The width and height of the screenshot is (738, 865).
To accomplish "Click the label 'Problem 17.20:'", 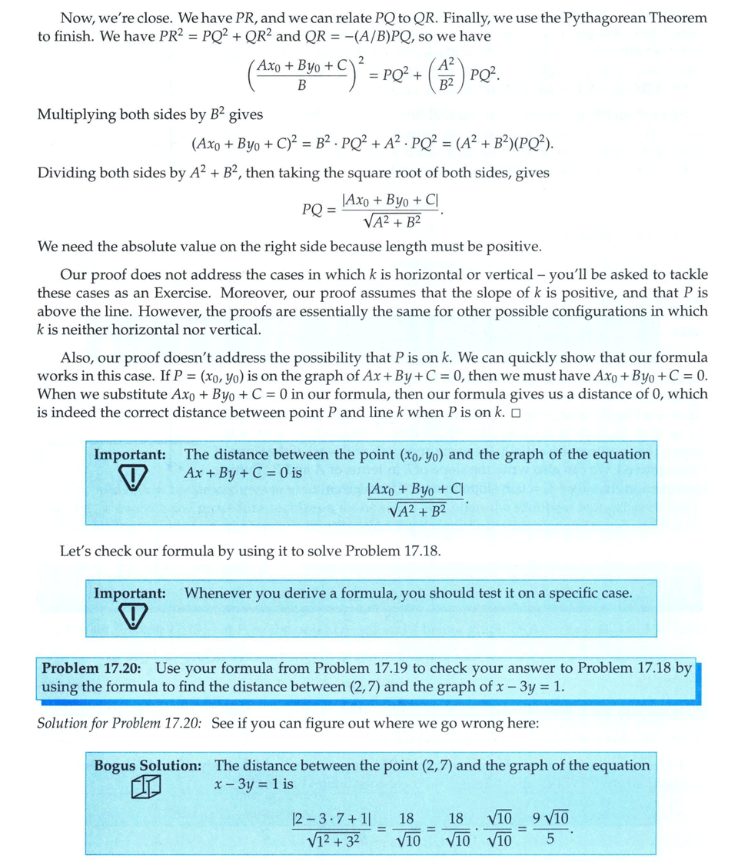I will [95, 668].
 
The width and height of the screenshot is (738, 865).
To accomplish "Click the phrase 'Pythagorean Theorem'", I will [643, 17].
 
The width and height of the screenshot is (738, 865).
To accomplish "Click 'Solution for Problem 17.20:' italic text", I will [118, 724].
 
